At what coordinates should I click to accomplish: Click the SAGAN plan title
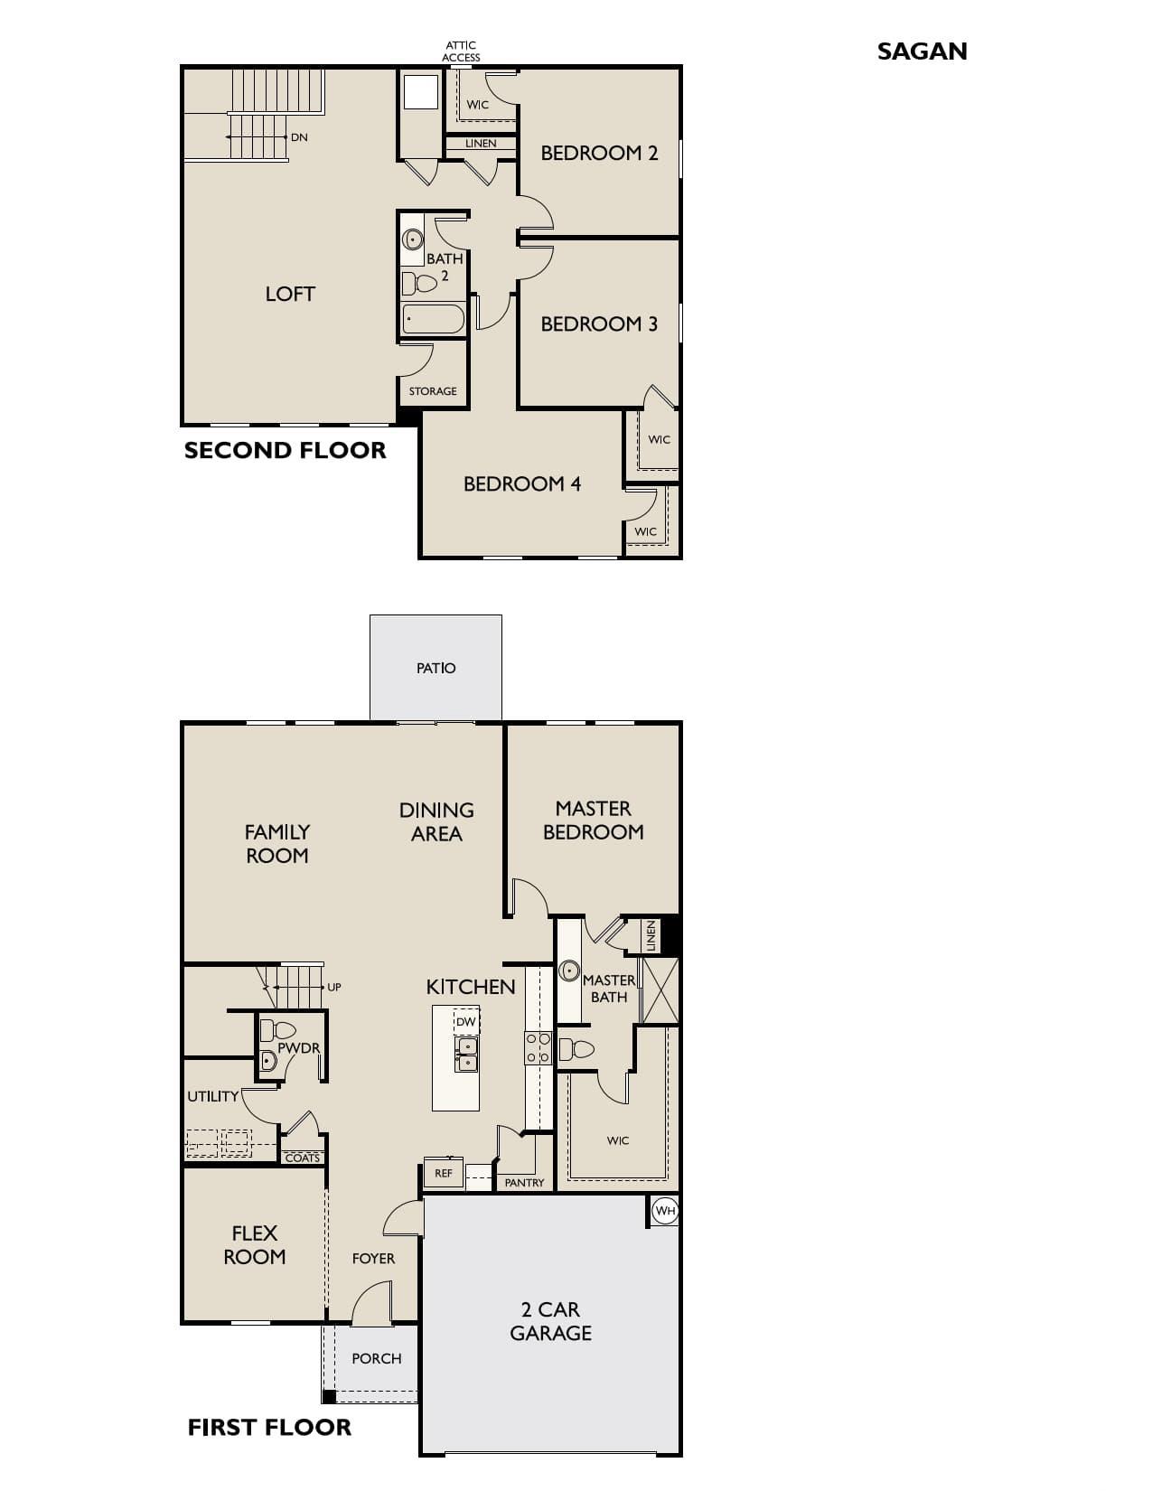click(x=923, y=52)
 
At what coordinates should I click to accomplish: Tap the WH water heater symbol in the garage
click(x=665, y=1210)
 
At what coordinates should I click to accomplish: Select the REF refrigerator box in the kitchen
click(x=444, y=1173)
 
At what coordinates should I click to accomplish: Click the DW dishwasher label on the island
click(x=466, y=1022)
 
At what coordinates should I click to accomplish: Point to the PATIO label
click(x=436, y=668)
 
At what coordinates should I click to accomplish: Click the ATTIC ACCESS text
click(x=461, y=52)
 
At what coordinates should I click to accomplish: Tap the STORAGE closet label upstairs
click(x=433, y=391)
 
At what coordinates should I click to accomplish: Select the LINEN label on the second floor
click(x=481, y=144)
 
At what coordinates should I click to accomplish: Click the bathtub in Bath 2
click(x=433, y=319)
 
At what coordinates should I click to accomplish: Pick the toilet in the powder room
click(x=277, y=1029)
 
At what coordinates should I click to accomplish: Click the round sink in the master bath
click(x=569, y=971)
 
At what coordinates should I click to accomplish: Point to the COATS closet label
click(x=302, y=1158)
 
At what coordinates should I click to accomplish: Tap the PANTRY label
click(x=524, y=1182)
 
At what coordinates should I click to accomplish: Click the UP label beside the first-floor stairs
click(x=334, y=988)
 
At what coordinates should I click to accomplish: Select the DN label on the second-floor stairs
click(x=299, y=137)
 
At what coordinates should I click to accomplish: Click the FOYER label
click(x=373, y=1259)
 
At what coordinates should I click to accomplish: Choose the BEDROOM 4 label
click(x=522, y=483)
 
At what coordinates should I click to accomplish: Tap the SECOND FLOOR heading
click(x=285, y=450)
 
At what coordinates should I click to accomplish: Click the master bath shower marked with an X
click(x=660, y=990)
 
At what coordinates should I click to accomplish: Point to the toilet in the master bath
click(x=576, y=1049)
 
